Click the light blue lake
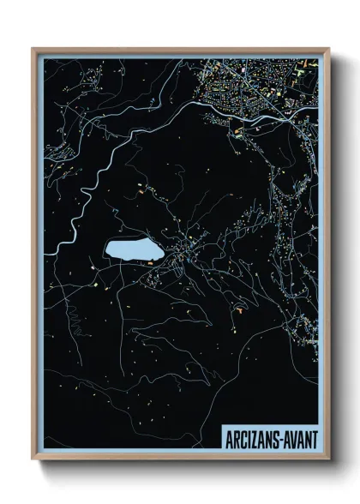pos(128,250)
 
